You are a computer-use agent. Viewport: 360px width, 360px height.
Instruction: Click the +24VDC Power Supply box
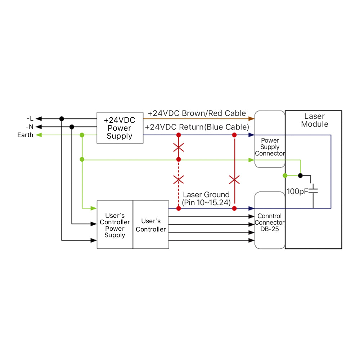click(119, 128)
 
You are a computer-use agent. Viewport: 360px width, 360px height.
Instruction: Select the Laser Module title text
click(314, 120)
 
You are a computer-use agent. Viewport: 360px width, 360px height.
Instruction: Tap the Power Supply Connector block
click(270, 147)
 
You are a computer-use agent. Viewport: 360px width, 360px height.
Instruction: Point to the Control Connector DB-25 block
click(270, 223)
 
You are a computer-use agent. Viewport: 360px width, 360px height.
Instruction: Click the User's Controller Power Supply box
click(115, 225)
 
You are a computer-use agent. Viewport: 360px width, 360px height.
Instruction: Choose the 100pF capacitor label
click(297, 191)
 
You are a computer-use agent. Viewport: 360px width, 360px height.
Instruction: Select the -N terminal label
click(30, 127)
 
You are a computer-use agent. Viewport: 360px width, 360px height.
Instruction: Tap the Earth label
click(25, 135)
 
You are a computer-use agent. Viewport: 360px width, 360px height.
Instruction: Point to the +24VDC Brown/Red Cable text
click(197, 113)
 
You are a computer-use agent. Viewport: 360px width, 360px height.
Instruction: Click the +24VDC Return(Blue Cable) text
click(197, 127)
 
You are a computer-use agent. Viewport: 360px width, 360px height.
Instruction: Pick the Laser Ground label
click(206, 195)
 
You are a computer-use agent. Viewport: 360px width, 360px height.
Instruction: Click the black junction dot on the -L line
click(62, 118)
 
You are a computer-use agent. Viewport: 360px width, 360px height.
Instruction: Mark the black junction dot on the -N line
click(72, 127)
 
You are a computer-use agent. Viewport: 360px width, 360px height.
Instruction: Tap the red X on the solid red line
click(234, 179)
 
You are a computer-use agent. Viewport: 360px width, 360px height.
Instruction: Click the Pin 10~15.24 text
click(206, 202)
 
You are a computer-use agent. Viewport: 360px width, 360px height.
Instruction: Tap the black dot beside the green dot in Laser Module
click(300, 176)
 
